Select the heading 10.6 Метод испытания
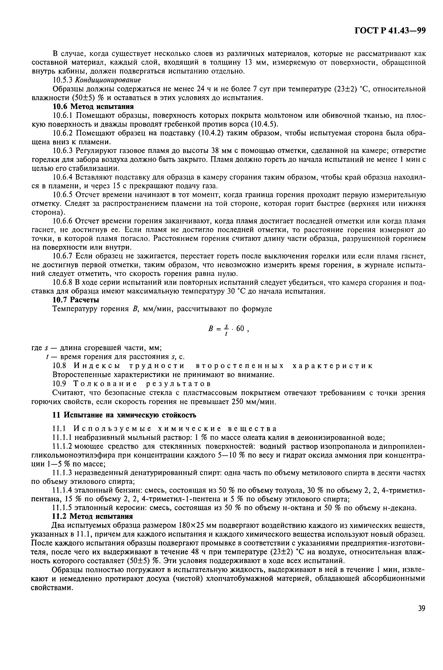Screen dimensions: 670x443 pos(93,107)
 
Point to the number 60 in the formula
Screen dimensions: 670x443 pos(240,328)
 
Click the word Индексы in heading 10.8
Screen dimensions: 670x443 pos(97,366)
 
